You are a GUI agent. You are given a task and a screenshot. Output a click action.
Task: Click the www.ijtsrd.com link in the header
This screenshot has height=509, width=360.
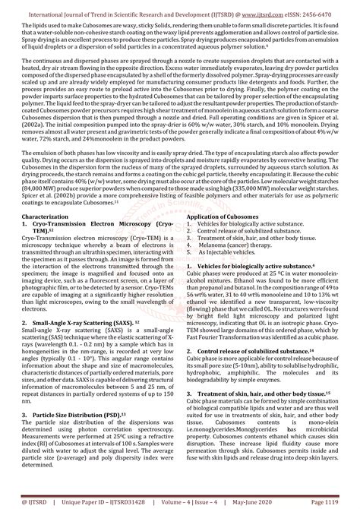260,7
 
